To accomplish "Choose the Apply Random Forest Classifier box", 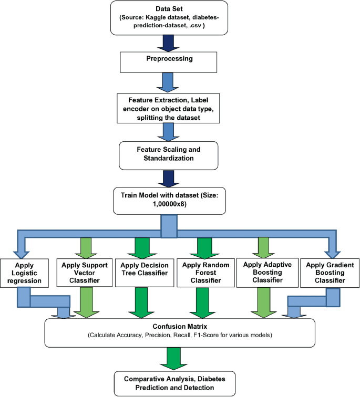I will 202,272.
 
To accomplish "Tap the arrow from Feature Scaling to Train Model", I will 180,178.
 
